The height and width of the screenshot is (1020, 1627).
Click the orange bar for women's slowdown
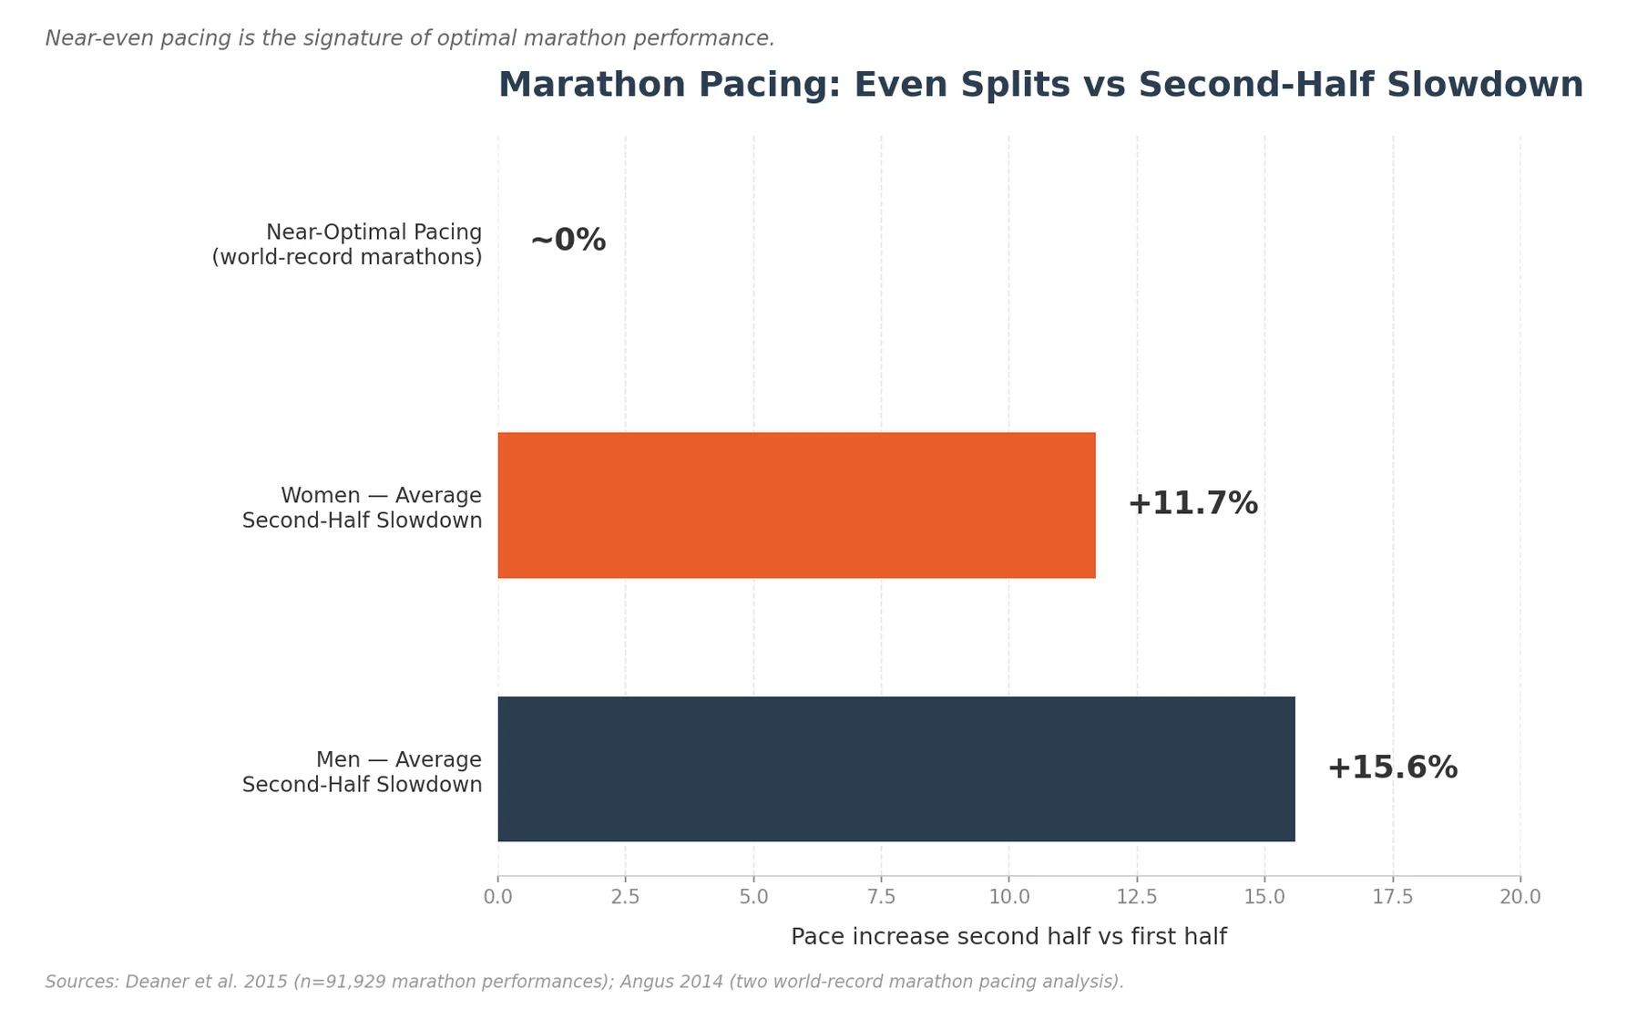[x=796, y=505]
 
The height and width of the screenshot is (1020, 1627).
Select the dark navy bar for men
[x=895, y=768]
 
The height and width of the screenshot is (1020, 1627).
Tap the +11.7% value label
[x=1192, y=504]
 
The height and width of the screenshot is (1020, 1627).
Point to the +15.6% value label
[x=1391, y=768]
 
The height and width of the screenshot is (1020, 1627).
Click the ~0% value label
[x=568, y=241]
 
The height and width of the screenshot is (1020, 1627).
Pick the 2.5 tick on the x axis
[x=625, y=897]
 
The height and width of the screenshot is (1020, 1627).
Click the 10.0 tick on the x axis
[x=1008, y=897]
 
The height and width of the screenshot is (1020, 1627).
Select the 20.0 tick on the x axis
[x=1520, y=897]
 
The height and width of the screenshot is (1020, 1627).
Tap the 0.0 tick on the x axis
[x=497, y=897]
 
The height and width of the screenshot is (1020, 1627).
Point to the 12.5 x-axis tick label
[x=1136, y=897]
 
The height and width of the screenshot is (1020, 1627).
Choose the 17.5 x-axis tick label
[x=1392, y=897]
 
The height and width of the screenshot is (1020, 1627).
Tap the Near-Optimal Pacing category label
[x=373, y=233]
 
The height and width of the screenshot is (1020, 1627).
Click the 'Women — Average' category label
[x=381, y=496]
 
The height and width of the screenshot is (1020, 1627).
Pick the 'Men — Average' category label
[x=398, y=760]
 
